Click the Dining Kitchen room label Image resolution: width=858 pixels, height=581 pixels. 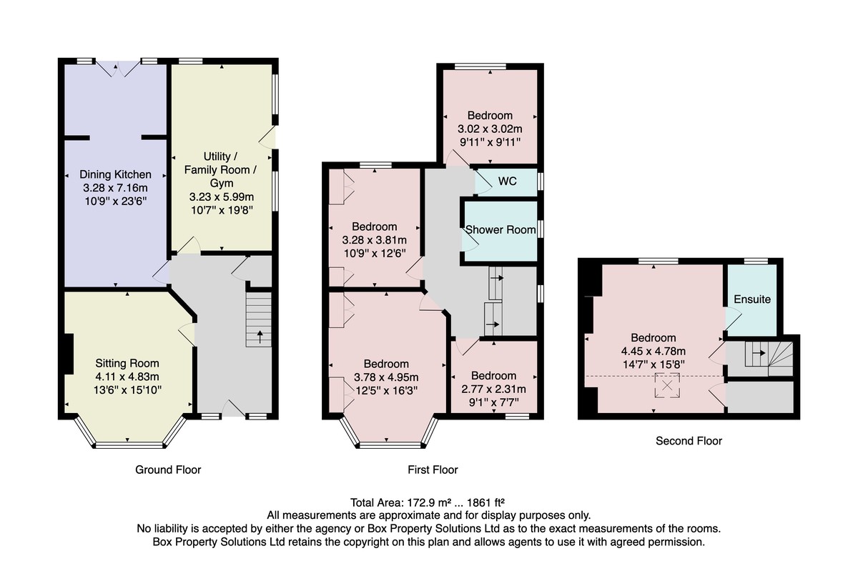coord(115,174)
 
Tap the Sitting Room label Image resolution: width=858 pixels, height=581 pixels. coord(127,363)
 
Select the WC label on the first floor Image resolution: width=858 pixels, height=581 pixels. coord(507,181)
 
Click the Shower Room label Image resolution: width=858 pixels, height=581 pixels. coord(500,229)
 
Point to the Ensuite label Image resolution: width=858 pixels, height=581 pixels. coord(752,299)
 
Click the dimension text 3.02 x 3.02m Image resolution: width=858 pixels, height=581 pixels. coord(490,129)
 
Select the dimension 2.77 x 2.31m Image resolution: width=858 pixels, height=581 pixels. coord(493,389)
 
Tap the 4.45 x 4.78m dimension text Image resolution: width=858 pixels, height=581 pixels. coord(654,352)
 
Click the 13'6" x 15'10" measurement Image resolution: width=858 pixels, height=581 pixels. coord(127,390)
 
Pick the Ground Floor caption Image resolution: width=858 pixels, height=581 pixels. coord(168,470)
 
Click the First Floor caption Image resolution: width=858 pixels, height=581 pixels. coord(433,470)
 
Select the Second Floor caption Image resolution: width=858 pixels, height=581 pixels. coord(689,441)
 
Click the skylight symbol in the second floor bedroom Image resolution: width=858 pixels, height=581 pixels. coord(667,385)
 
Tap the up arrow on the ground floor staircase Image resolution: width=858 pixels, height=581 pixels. coord(260,337)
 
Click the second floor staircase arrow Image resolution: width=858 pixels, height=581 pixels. coord(759,353)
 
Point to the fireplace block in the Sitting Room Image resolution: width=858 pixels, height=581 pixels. coord(69,354)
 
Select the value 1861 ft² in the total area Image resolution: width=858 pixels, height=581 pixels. coord(484,502)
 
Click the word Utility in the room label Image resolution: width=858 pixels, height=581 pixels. coord(217,157)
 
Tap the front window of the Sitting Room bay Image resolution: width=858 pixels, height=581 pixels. coord(129,445)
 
